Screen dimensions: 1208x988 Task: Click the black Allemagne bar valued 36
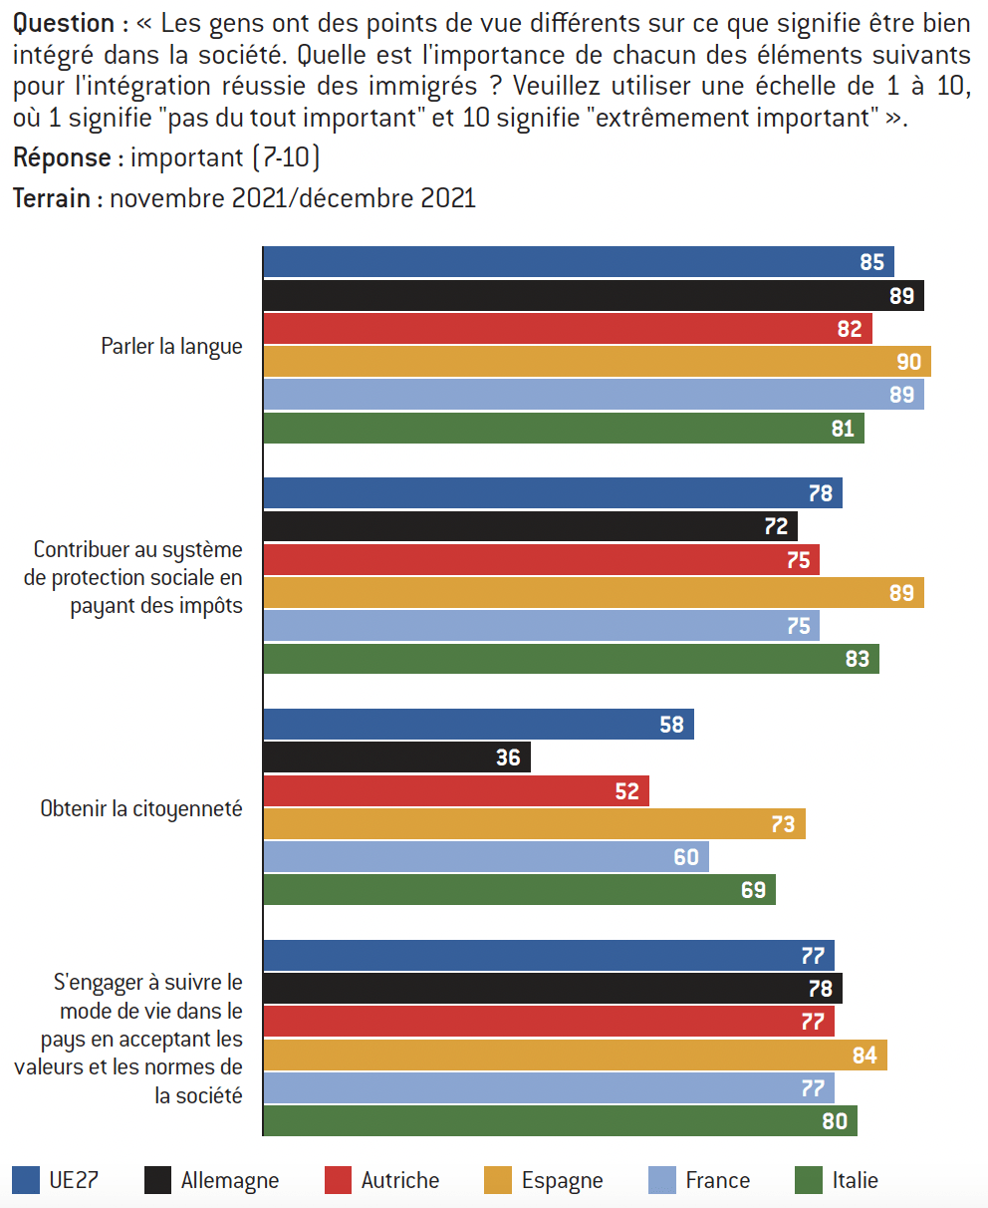(396, 757)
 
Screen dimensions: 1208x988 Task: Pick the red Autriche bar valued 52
(455, 791)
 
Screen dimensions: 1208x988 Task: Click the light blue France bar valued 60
(485, 856)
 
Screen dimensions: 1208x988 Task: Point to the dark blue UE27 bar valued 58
(478, 725)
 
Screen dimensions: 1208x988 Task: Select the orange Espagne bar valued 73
(534, 824)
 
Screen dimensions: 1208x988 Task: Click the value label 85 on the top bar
(871, 262)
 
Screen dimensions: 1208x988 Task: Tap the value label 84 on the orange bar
(864, 1055)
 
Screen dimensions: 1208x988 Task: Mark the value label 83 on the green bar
(857, 659)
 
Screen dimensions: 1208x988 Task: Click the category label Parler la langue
(171, 347)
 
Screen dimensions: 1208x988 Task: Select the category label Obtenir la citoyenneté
(141, 808)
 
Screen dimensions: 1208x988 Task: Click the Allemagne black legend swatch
(157, 1180)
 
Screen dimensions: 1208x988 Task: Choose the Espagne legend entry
(562, 1180)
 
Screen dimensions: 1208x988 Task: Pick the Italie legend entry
(855, 1180)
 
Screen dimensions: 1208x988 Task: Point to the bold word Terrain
(52, 198)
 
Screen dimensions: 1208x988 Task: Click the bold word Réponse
(61, 157)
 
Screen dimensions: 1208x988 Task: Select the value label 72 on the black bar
(776, 527)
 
